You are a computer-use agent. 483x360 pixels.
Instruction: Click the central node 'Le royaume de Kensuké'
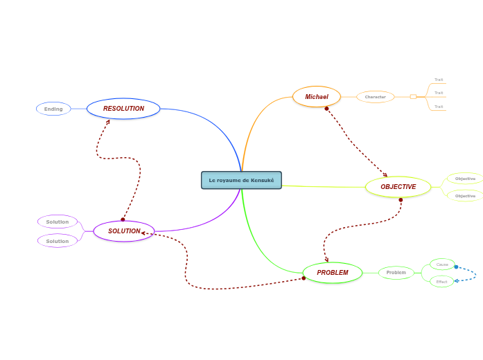tap(241, 180)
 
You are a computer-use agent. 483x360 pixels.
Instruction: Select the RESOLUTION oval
tap(123, 109)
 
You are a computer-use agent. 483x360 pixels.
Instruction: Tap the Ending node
tap(53, 109)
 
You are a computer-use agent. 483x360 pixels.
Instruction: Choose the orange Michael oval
tap(317, 97)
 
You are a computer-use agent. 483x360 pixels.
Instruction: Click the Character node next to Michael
tap(376, 97)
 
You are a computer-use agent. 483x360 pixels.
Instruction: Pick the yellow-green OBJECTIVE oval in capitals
tap(398, 187)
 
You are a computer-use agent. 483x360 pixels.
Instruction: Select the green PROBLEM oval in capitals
tap(333, 273)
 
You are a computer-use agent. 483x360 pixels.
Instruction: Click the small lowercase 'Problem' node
tap(396, 273)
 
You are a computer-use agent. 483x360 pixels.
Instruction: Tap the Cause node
tap(442, 264)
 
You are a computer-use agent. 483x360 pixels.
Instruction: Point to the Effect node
tap(441, 282)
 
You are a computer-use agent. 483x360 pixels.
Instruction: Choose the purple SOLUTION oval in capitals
tap(124, 231)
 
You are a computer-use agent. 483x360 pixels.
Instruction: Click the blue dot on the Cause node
tap(456, 267)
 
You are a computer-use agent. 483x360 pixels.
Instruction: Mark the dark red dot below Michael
tap(326, 109)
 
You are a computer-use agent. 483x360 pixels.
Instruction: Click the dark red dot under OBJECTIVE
tap(401, 200)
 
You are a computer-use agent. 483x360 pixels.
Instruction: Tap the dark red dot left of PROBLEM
tap(304, 278)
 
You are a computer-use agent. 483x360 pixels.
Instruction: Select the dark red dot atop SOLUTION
tap(123, 219)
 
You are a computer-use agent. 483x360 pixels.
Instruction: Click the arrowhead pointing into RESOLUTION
tap(108, 122)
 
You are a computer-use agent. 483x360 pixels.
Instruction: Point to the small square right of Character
tap(413, 97)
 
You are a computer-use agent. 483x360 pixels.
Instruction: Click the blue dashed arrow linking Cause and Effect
tap(475, 274)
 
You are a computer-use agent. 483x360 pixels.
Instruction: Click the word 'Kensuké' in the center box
tap(263, 181)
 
